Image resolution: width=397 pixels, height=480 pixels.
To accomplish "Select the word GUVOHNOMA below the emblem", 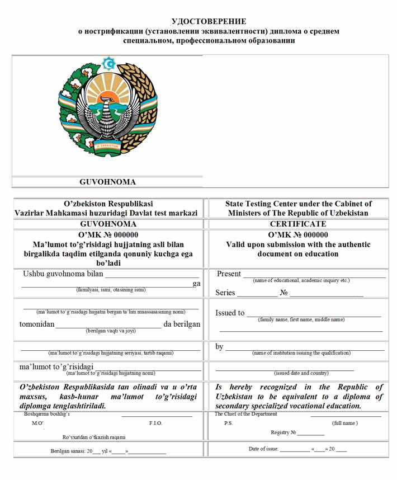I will tap(107, 182).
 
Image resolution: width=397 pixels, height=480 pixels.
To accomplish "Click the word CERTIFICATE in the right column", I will tap(298, 224).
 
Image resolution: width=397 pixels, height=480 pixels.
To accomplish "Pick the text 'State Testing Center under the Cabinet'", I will tap(298, 204).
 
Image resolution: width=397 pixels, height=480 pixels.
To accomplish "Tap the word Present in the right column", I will tap(229, 274).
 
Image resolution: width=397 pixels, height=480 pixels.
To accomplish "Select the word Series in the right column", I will tap(225, 293).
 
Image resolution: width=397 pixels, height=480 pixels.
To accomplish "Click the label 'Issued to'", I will tap(230, 313).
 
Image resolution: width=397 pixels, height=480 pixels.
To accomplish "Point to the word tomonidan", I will tap(37, 324).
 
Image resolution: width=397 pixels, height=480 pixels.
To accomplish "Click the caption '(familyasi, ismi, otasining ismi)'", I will tap(111, 290).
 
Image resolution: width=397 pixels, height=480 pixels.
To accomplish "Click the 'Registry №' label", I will tap(283, 432).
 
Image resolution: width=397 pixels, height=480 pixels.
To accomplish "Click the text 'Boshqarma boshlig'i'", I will tap(47, 414).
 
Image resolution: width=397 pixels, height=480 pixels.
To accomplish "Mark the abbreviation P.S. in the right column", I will tap(228, 423).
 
